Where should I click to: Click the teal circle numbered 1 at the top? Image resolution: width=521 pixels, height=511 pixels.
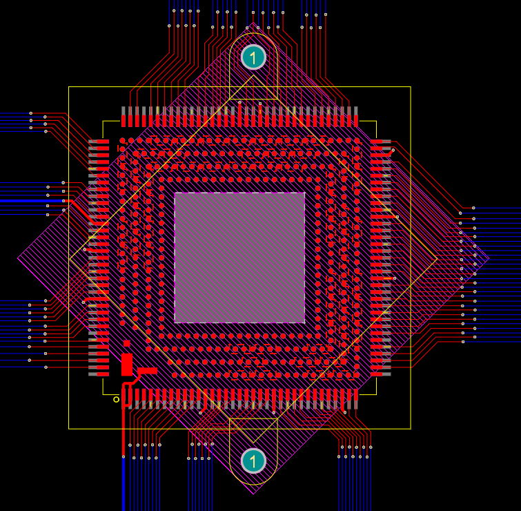tap(253, 57)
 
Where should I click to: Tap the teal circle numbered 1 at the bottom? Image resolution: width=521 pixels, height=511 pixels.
tap(253, 461)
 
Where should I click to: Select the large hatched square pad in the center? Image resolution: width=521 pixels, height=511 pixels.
tap(239, 258)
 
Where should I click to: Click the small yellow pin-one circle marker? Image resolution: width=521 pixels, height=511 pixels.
tap(116, 399)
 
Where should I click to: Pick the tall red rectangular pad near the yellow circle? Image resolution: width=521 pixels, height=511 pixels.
tap(126, 364)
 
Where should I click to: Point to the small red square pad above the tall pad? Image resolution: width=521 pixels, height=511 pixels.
tap(126, 343)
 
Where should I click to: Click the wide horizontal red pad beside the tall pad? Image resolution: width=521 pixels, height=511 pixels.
tap(147, 371)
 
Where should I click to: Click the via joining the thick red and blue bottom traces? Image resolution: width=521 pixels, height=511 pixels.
tap(124, 456)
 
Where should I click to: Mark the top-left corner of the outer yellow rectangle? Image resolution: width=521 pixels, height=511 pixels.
tap(69, 87)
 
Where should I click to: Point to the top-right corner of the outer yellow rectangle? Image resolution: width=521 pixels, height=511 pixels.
tap(411, 87)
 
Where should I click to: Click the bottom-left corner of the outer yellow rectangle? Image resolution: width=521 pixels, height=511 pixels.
tap(69, 429)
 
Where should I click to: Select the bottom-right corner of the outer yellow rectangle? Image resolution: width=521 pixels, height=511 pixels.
tap(411, 429)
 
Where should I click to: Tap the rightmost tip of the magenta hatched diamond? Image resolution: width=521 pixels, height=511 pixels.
tap(489, 259)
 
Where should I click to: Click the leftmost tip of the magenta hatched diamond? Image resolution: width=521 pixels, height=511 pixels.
tap(18, 258)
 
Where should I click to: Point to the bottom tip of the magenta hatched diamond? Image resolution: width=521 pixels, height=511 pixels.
tap(253, 494)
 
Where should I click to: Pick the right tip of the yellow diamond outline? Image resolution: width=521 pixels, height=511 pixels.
tap(437, 260)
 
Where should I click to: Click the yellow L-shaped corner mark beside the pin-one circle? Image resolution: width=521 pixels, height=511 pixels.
tap(104, 393)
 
